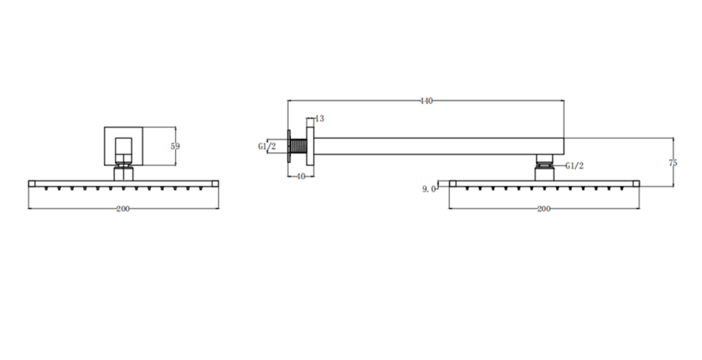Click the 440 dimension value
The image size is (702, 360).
[x=426, y=101]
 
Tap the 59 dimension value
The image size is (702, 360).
[x=175, y=146]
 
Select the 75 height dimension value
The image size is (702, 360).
[x=673, y=163]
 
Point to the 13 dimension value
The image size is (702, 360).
[x=320, y=119]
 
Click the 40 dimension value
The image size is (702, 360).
[x=301, y=177]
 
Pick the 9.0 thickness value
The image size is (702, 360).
[x=429, y=189]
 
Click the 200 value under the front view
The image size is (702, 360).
[x=123, y=209]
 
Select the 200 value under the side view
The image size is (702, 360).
[x=544, y=209]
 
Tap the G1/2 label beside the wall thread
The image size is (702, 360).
[x=267, y=147]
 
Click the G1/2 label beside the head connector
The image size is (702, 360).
[x=574, y=166]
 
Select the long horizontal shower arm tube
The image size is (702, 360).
[x=439, y=146]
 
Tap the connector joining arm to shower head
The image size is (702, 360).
[x=545, y=168]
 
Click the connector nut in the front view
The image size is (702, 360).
[x=123, y=172]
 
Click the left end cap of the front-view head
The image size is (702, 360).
[x=32, y=184]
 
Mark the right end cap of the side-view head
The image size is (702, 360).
[x=636, y=184]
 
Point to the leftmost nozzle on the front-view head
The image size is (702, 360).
[x=46, y=188]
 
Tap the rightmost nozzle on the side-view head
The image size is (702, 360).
[x=622, y=188]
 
